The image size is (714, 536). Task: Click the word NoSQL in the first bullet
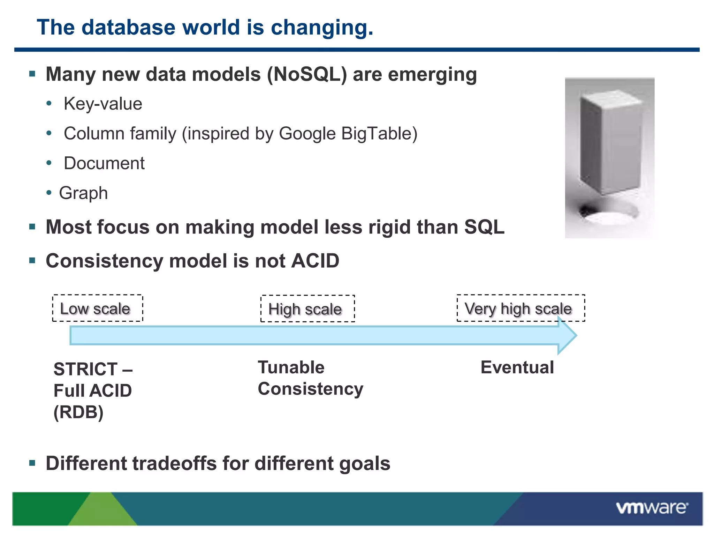coord(307,75)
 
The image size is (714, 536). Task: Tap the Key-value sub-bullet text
coord(103,104)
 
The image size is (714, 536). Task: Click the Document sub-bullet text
coord(104,163)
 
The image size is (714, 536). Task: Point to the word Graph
coord(83,193)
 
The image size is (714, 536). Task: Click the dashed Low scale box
coord(98,308)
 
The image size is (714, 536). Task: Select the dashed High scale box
coord(307,309)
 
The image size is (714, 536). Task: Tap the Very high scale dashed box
coord(521,308)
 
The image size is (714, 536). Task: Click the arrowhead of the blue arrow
coord(567,335)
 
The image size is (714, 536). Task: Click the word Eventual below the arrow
coord(517,367)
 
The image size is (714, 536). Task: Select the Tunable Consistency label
coord(310,378)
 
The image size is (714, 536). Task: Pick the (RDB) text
coord(78,412)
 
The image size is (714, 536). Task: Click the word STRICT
coord(85,369)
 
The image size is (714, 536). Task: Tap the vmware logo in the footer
coord(652,508)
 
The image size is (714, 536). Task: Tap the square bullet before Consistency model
coord(32,261)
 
